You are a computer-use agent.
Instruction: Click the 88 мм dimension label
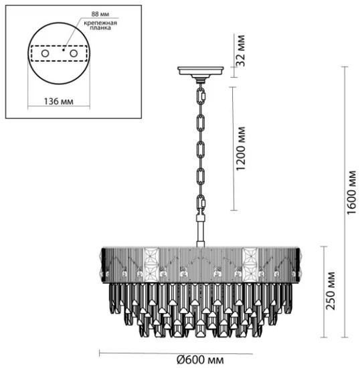(x=100, y=14)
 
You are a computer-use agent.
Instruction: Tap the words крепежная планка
(x=100, y=25)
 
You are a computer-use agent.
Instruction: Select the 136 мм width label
(x=59, y=102)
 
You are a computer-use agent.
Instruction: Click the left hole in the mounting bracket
(x=45, y=54)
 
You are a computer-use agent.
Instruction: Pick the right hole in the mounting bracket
(x=74, y=54)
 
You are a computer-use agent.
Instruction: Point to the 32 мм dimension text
(x=241, y=50)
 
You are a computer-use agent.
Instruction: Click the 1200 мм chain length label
(x=241, y=149)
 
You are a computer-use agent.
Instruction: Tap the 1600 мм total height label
(x=351, y=193)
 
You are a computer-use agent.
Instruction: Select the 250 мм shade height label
(x=331, y=290)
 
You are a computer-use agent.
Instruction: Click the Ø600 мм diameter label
(x=200, y=359)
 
